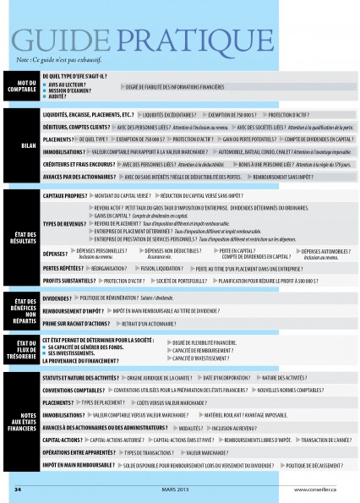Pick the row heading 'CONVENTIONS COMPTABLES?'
click(x=74, y=391)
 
